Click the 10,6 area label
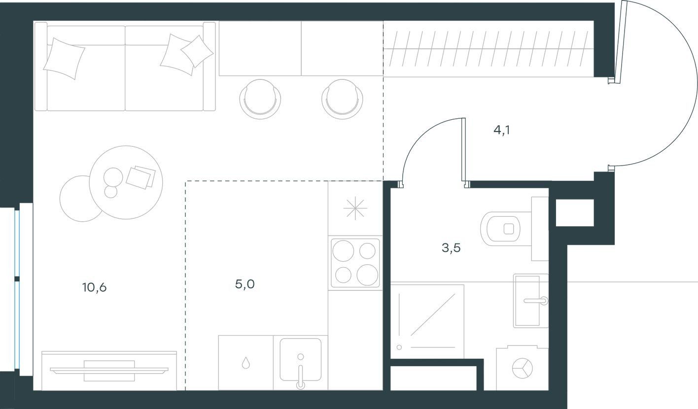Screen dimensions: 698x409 point(95,287)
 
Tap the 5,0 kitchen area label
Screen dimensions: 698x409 point(244,284)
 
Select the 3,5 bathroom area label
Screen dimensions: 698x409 point(451,248)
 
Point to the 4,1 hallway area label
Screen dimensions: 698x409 point(502,130)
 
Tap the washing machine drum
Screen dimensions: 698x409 point(522,368)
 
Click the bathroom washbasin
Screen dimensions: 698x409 point(531,301)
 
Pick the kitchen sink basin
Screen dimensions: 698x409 point(300,359)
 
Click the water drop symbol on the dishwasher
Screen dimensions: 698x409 point(246,363)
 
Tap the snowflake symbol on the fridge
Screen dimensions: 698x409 point(355,208)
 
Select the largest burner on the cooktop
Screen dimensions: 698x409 point(343,250)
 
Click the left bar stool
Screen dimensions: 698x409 point(260,99)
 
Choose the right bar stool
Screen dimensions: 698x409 point(342,99)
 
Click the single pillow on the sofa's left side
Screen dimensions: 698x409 point(64,59)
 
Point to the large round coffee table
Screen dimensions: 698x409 point(126,182)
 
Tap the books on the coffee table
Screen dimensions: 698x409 point(140,177)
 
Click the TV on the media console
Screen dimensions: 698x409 point(109,370)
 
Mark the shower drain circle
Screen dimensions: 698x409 point(399,347)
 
